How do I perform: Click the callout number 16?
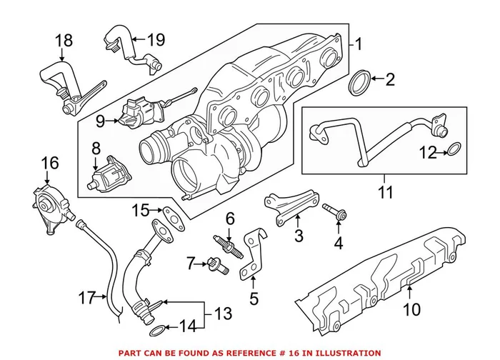pyautogui.click(x=49, y=164)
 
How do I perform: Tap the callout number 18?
pyautogui.click(x=64, y=41)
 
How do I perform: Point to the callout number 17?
pyautogui.click(x=86, y=298)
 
